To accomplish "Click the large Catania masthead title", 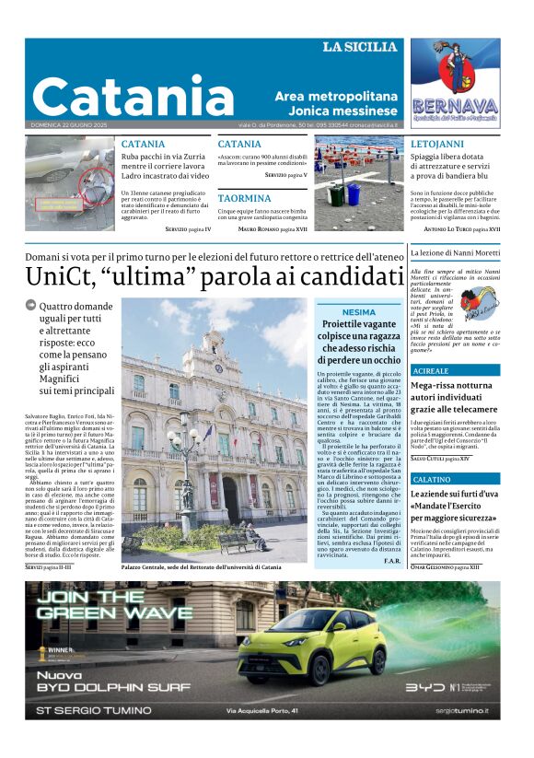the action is tap(133, 96).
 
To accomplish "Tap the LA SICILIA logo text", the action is tap(359, 47).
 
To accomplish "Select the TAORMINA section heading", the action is tap(244, 198).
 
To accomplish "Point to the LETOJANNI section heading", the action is tap(437, 145).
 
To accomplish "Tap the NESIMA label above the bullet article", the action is tap(358, 312).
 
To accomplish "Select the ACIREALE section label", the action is tap(432, 369).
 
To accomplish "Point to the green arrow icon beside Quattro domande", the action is tap(30, 305).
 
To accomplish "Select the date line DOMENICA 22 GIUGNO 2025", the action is tap(69, 125).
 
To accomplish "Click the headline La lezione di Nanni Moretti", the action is tap(455, 251).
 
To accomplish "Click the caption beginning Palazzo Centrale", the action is tap(201, 567).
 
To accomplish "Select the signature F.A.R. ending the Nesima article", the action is tap(392, 561).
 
